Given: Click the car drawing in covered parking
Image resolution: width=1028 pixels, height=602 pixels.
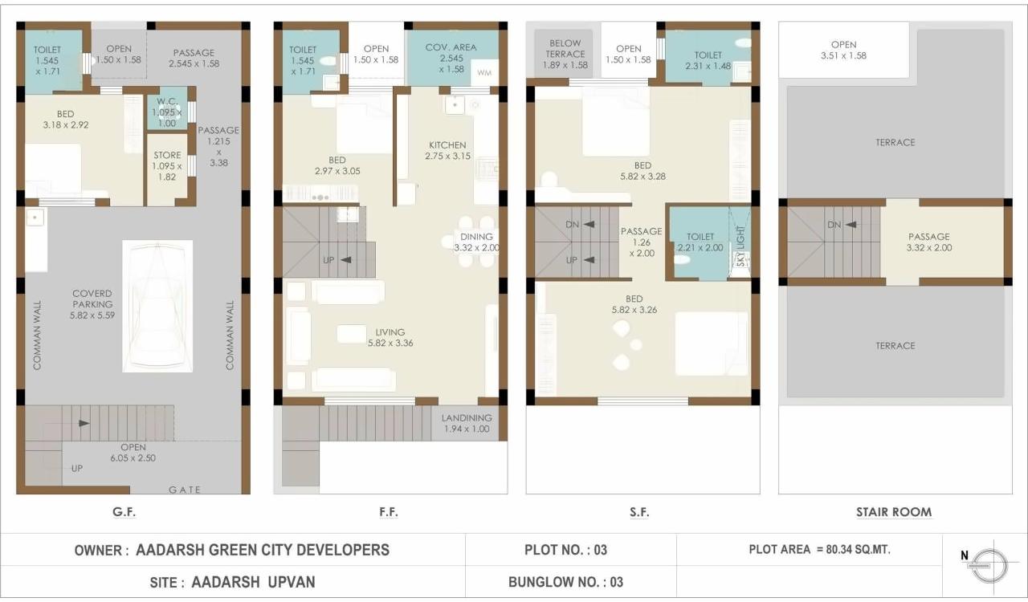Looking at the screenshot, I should pos(157,306).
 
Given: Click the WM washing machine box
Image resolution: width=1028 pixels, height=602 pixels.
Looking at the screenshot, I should pos(484,73).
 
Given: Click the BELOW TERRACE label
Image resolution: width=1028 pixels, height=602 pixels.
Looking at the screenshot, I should pos(565,49).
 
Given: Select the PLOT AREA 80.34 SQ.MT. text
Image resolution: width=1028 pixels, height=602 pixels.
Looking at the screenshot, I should pos(819,550).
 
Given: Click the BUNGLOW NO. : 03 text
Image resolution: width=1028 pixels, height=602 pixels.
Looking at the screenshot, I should pos(565,582).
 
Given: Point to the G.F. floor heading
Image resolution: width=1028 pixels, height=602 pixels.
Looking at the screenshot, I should pos(124,511).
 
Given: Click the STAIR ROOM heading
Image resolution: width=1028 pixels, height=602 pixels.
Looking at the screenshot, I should pos(894,511).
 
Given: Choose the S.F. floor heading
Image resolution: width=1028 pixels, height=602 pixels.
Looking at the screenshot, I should pos(639,511).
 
